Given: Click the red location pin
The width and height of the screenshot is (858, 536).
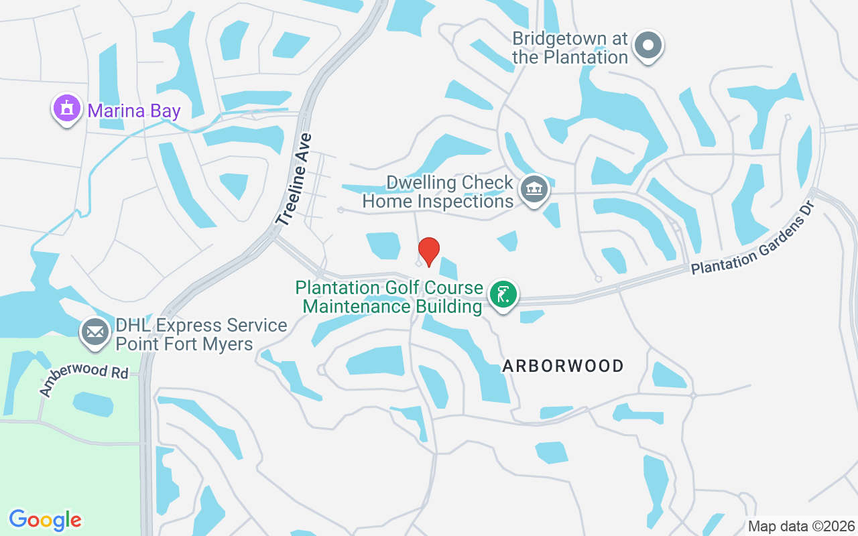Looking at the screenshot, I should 429,251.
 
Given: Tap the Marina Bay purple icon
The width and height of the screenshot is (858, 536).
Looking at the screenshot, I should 66,109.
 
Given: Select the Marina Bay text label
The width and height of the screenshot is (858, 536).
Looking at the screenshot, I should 133,111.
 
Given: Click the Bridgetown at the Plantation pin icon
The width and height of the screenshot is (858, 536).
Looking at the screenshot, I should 648,46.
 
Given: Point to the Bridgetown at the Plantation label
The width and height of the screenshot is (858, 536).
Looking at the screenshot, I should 570,48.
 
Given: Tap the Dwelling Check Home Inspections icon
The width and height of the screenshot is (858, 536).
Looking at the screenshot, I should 534,190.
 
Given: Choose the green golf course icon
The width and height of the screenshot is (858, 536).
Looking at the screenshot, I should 503,295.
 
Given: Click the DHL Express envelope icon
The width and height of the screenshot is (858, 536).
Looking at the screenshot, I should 95,332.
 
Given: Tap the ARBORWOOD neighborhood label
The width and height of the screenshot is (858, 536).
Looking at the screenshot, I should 563,366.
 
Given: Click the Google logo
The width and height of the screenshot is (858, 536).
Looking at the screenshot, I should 46,520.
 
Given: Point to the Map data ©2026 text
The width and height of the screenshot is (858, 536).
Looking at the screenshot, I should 801,526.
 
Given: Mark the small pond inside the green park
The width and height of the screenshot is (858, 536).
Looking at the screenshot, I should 93,404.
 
